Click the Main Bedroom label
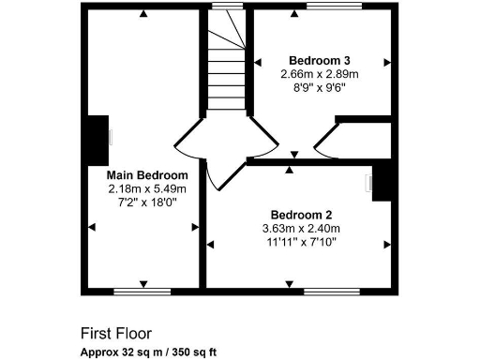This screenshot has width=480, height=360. click(147, 174)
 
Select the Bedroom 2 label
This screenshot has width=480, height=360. click(300, 214)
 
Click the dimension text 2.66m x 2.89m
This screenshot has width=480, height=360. click(319, 73)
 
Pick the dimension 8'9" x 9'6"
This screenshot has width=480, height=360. click(319, 86)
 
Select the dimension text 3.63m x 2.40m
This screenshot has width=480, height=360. click(300, 228)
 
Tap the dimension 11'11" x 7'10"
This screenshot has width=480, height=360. click(300, 242)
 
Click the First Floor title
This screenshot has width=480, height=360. click(115, 333)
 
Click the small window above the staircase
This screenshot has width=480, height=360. click(224, 7)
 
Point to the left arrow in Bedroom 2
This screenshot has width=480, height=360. click(211, 244)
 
